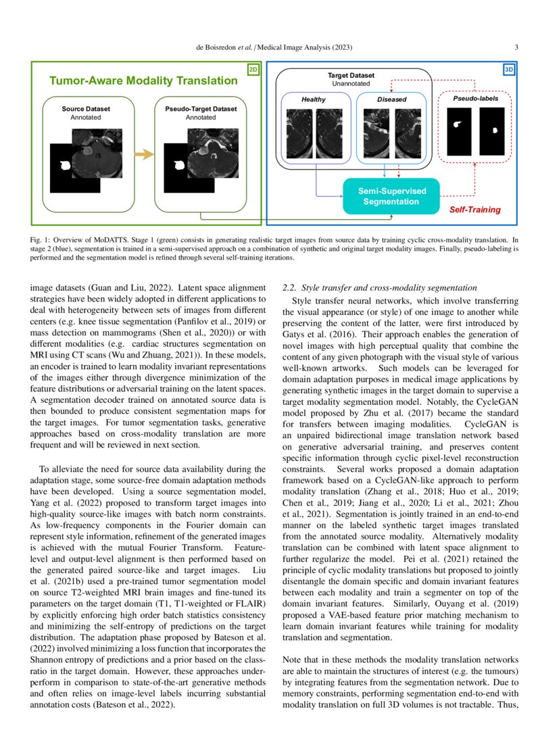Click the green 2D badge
[x=253, y=69]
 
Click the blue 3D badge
[x=509, y=69]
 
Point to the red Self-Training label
[x=475, y=210]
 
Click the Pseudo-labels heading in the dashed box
[x=475, y=99]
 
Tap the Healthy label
[x=313, y=99]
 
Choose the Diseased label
[x=392, y=99]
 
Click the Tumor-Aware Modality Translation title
[x=143, y=81]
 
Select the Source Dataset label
[x=86, y=108]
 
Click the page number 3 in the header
[x=516, y=47]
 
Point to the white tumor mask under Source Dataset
[x=66, y=164]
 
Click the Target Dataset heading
[x=351, y=76]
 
